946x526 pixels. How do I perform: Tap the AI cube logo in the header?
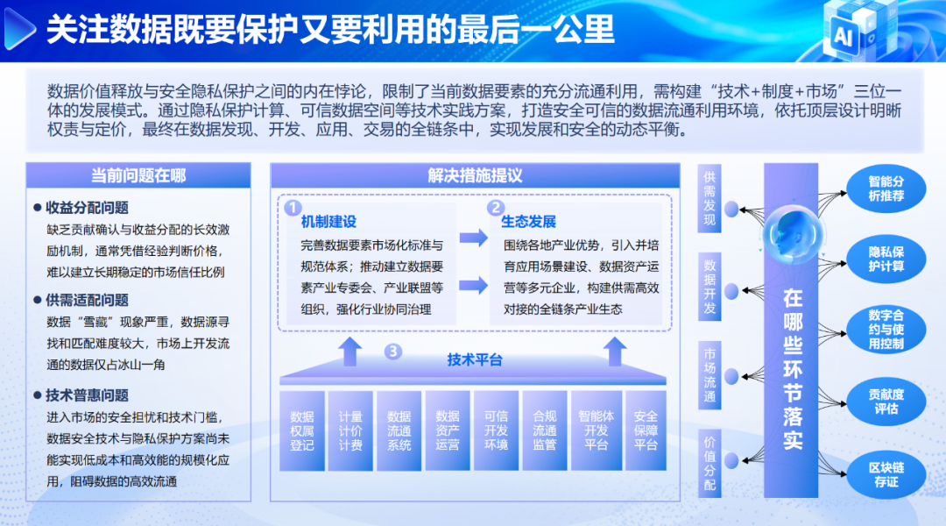pos(859,30)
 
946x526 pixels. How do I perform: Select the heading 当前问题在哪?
pos(138,175)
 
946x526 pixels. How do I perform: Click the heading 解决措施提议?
pos(475,175)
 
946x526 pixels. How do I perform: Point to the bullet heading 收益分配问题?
pos(87,208)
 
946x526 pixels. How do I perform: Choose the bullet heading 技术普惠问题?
pos(87,395)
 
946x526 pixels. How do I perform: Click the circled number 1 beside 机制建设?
pos(293,208)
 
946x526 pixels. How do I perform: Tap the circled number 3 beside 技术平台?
pos(392,351)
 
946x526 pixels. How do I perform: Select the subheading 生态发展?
pos(528,222)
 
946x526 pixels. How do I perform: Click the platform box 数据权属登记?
pos(301,430)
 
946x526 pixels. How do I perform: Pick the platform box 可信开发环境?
pos(496,430)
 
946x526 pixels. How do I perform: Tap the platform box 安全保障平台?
pos(646,430)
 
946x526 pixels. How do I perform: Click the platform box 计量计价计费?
pos(350,430)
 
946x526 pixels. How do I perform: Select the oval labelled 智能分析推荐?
pos(886,188)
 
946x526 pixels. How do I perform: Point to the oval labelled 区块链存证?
pos(886,474)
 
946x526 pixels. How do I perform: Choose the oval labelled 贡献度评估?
pos(886,402)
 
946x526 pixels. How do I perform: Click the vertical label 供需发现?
pos(709,198)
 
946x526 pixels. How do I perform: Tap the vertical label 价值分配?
pos(709,463)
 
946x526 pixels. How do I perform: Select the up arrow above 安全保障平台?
pos(615,352)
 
